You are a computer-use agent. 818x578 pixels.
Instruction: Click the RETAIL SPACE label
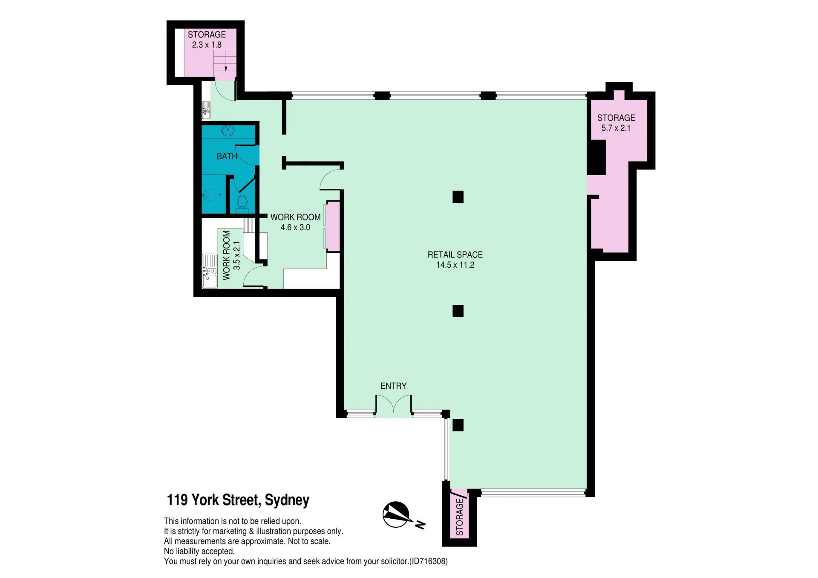pos(455,254)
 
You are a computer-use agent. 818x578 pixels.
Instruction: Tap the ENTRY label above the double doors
pos(393,386)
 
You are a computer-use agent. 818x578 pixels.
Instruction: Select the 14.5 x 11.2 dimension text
pos(455,265)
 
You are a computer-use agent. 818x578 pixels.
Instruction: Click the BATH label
pos(227,156)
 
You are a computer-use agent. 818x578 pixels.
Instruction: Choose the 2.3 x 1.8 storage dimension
pos(207,45)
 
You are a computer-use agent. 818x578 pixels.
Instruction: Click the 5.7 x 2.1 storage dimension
pos(616,128)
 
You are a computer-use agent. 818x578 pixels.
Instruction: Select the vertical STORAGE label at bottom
pos(459,517)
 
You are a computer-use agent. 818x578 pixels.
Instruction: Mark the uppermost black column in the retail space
pos(458,197)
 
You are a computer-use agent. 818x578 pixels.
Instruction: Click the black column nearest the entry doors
pos(458,425)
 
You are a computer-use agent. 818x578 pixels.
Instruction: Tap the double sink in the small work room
pos(209,271)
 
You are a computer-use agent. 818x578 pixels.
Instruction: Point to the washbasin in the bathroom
pos(228,130)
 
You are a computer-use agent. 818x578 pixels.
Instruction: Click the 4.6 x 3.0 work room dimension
pos(295,228)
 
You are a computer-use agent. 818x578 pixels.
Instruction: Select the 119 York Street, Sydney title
pos(238,500)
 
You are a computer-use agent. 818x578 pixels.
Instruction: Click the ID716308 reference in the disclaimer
pos(429,561)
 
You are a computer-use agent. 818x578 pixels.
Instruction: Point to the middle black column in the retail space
pos(458,311)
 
